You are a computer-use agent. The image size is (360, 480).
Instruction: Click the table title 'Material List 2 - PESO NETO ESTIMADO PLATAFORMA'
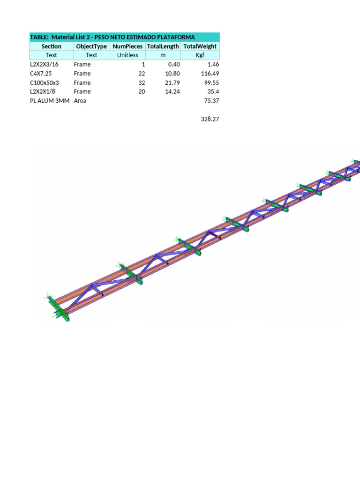point(123,37)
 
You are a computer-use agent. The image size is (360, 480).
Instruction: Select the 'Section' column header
point(52,46)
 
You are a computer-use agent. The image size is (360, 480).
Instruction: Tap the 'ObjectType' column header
point(91,46)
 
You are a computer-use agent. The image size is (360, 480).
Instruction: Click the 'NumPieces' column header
point(127,46)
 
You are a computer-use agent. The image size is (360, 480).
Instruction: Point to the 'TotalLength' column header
point(163,46)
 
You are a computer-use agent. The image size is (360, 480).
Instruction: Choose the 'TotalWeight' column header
point(200,46)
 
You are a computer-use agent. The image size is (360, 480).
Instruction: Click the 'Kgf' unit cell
point(200,55)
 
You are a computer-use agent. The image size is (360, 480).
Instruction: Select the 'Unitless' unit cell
point(127,55)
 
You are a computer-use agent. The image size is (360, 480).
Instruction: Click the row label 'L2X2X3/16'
point(44,64)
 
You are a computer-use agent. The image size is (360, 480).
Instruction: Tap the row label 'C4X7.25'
point(41,74)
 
